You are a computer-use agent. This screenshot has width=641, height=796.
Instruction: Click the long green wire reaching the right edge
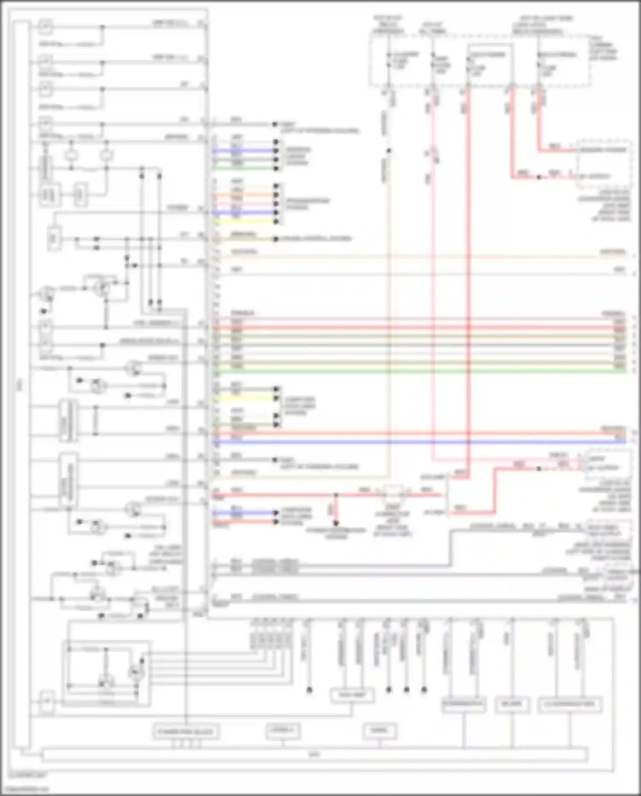pos(419,372)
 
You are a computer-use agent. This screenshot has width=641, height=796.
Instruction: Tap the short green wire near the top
pos(244,168)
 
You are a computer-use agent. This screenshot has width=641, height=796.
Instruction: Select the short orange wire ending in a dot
pos(244,195)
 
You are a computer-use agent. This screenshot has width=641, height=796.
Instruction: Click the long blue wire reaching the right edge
pos(419,441)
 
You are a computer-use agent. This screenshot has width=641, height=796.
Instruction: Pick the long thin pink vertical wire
pos(433,278)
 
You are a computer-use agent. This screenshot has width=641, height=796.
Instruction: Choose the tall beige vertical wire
pos(389,321)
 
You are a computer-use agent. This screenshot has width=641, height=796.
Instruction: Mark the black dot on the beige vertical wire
pos(389,151)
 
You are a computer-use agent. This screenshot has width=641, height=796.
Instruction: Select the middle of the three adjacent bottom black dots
pos(406,689)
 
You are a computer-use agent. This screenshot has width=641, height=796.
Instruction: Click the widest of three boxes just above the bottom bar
pos(186,731)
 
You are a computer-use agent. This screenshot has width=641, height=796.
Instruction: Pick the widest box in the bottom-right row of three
pos(570,704)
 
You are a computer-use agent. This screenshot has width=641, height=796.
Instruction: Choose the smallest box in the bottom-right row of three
pos(512,704)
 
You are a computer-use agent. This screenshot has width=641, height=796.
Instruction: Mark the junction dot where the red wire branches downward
pos(336,495)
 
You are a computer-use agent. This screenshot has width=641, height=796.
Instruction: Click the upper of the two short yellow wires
pos(244,222)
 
